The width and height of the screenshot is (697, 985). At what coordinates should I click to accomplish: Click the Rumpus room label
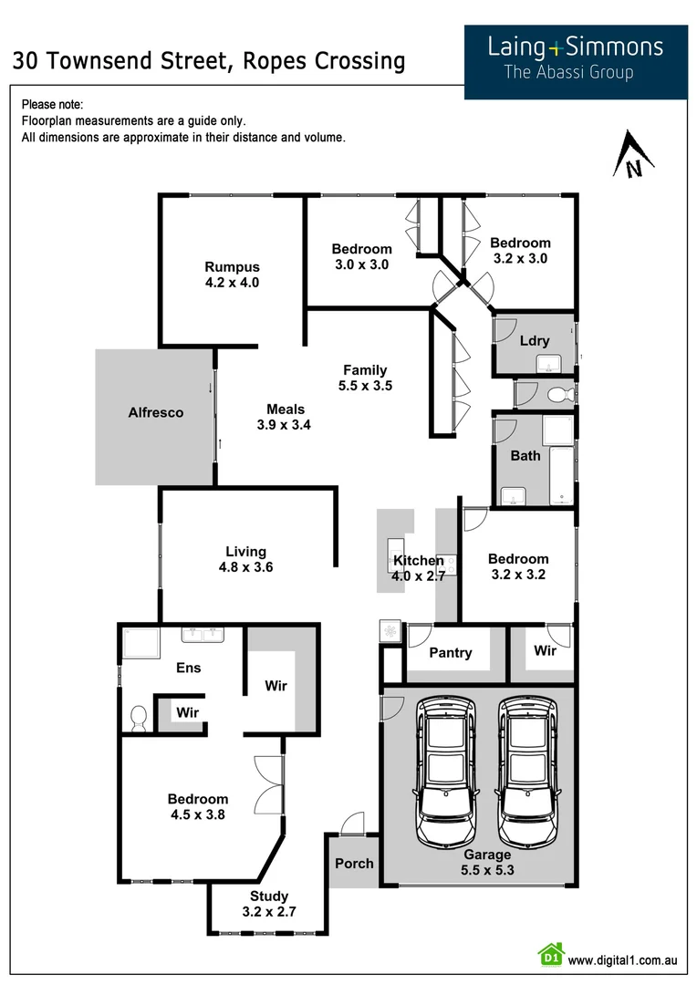pos(232,267)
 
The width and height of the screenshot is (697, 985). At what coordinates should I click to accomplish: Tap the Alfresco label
pos(155,412)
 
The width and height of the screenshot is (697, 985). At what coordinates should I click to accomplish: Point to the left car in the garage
pos(445,772)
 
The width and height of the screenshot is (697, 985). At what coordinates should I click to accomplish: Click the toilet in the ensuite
pos(139,720)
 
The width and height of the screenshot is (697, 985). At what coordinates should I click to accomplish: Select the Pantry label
pos(451,652)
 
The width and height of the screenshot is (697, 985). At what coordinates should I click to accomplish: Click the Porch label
pos(354,862)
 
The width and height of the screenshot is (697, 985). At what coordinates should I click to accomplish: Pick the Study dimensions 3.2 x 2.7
pos(269,911)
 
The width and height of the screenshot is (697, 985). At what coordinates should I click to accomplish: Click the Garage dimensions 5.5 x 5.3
pos(487,869)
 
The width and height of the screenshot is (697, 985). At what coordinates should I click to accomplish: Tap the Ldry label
pos(534,341)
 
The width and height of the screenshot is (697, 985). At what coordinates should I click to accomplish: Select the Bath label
pos(525,455)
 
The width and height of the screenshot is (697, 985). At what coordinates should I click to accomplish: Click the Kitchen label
pos(419,561)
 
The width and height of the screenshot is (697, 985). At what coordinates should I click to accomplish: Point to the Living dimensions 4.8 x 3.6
pos(246,566)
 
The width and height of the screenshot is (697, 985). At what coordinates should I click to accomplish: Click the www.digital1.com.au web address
pos(622,959)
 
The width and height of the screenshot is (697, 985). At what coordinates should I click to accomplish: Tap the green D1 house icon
pos(550,955)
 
